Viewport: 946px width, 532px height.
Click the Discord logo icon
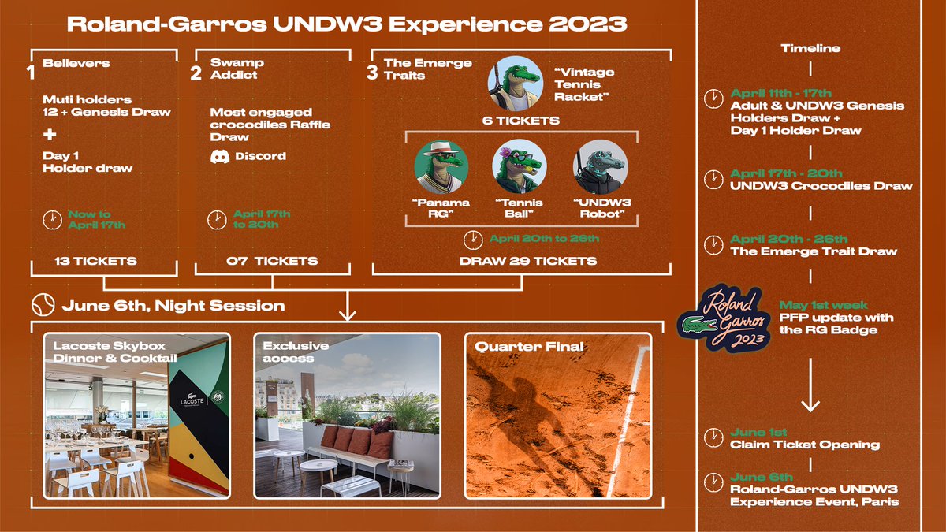(219, 156)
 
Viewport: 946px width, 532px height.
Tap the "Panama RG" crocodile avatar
(441, 167)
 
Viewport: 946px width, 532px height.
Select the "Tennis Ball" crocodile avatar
(520, 167)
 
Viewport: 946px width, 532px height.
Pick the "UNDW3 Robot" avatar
(601, 167)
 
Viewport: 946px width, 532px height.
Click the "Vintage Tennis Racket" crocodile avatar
(516, 83)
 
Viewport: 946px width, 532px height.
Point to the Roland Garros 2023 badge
(723, 317)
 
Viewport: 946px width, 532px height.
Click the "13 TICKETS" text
(95, 261)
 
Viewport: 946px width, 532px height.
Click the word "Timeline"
(810, 48)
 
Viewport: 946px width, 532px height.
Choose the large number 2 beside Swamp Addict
(196, 73)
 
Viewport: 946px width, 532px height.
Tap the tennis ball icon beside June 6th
(42, 305)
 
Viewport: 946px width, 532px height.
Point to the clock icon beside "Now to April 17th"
(51, 219)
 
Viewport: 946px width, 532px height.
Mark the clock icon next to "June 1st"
(713, 438)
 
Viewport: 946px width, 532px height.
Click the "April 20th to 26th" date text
(544, 239)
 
